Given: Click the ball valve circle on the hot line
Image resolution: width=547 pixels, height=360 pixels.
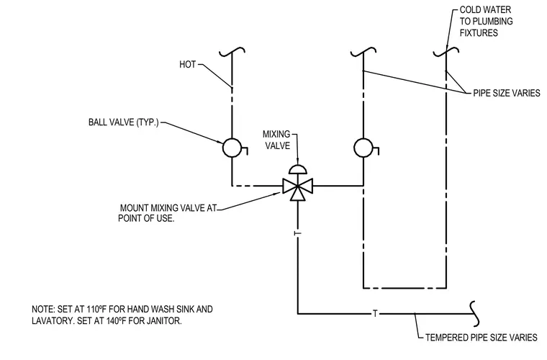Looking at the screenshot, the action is click(232, 148).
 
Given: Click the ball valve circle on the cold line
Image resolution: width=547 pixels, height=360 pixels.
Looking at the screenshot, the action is click(363, 148).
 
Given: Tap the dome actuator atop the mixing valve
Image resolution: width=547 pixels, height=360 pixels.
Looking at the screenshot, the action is click(298, 168).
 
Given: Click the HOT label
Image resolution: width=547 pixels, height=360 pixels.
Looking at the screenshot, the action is click(188, 65).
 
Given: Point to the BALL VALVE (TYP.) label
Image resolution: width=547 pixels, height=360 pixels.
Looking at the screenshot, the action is click(124, 122).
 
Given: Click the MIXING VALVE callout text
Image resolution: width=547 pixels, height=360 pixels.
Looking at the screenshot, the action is click(276, 140).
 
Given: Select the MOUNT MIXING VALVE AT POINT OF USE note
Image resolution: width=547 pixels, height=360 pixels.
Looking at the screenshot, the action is click(168, 213).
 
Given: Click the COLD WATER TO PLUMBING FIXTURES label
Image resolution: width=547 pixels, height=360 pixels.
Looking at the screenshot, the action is click(486, 22).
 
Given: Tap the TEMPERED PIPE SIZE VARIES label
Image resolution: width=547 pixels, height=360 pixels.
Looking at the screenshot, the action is click(482, 338).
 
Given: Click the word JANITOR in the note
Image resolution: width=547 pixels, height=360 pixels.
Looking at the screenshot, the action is click(164, 320).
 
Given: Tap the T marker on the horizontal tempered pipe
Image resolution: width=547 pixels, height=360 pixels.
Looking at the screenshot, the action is click(375, 314).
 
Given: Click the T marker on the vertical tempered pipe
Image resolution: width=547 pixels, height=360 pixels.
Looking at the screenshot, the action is click(297, 233).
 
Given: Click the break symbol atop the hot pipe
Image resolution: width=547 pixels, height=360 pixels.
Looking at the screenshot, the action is click(232, 53).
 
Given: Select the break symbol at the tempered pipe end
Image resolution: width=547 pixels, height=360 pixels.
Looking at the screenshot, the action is click(475, 314).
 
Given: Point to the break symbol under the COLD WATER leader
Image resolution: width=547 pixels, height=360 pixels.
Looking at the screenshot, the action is click(446, 53).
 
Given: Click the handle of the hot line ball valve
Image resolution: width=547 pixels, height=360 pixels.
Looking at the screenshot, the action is click(244, 150).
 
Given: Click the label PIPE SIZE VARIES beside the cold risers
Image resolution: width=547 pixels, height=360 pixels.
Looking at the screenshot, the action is click(507, 93).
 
